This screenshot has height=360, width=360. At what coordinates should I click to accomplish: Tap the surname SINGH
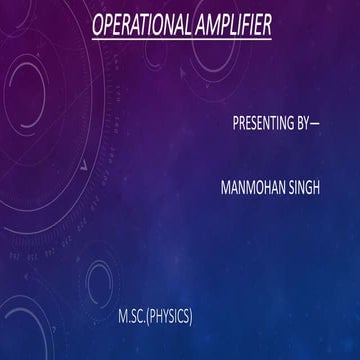click(302, 189)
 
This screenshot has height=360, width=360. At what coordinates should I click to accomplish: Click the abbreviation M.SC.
click(131, 317)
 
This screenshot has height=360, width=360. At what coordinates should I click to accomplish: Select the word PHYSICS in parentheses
click(170, 317)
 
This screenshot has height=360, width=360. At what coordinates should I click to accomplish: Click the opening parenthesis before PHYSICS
click(148, 317)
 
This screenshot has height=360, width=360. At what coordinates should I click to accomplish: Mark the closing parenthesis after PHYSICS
click(191, 317)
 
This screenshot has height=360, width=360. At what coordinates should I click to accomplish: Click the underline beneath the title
click(180, 38)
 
